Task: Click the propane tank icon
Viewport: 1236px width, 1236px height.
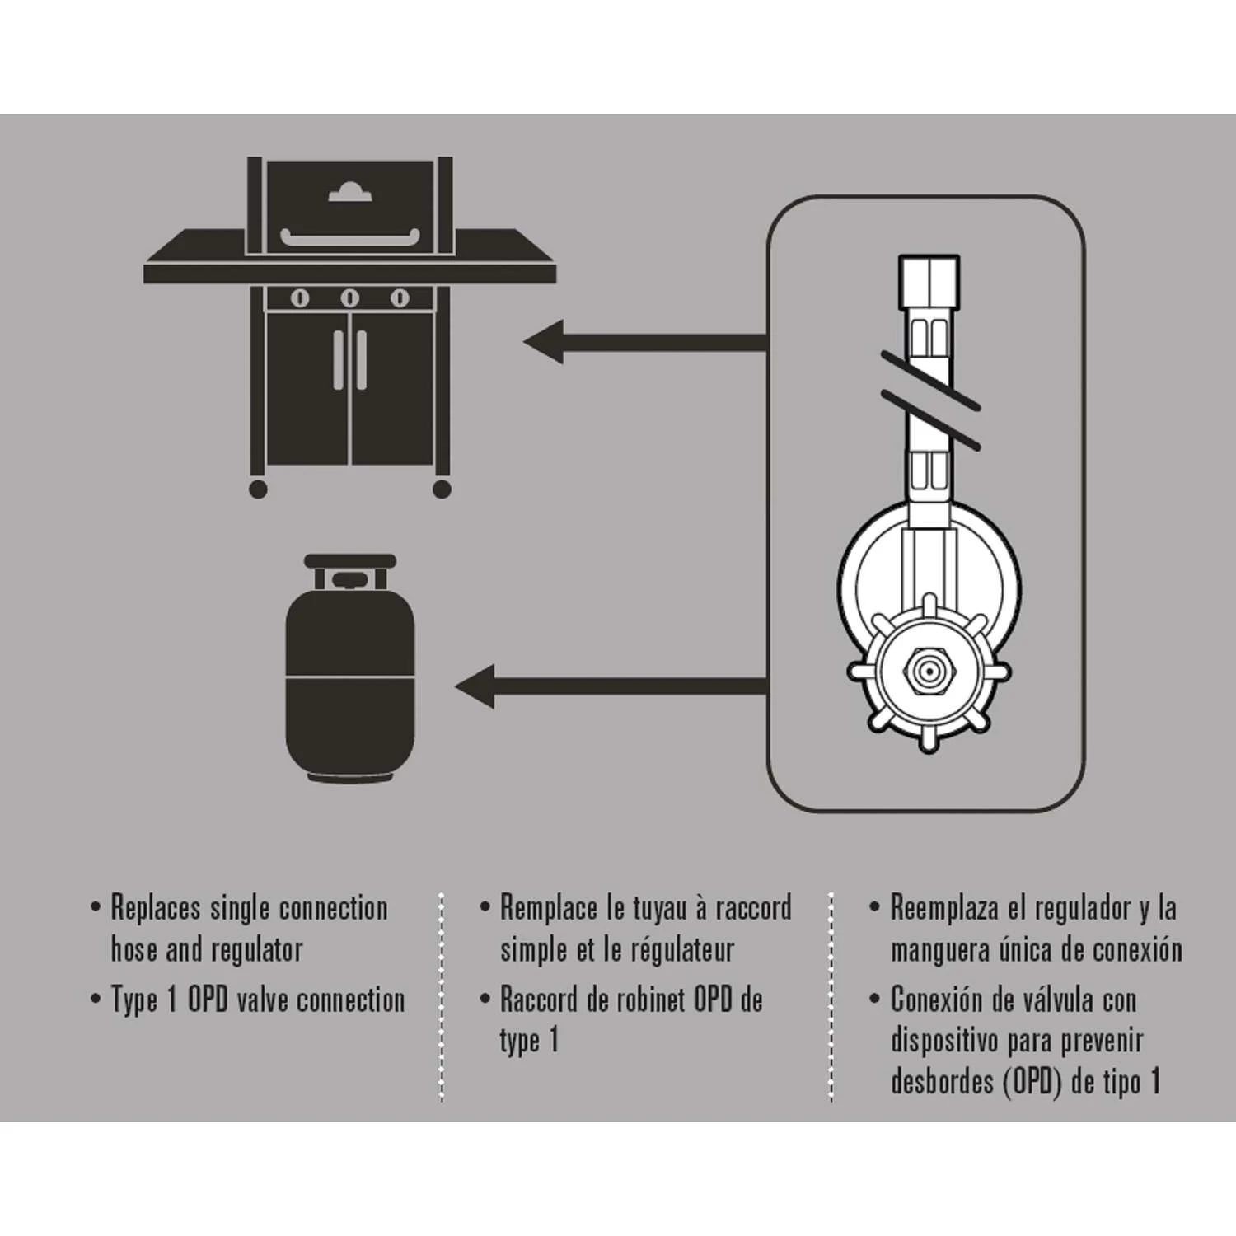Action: [x=349, y=667]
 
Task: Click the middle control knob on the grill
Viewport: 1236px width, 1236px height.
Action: [x=350, y=298]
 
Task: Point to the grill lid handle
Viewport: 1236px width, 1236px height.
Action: [x=350, y=238]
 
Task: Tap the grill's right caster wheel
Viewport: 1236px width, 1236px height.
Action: [x=442, y=489]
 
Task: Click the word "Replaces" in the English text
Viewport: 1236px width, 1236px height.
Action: [x=156, y=908]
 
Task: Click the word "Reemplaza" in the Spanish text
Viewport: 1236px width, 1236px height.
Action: [x=942, y=908]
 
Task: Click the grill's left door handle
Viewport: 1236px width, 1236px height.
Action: [x=339, y=360]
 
